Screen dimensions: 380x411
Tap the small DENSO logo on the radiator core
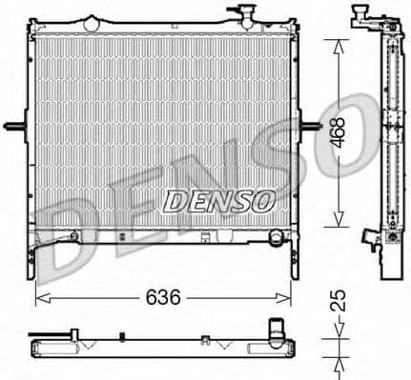(x=219, y=201)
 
